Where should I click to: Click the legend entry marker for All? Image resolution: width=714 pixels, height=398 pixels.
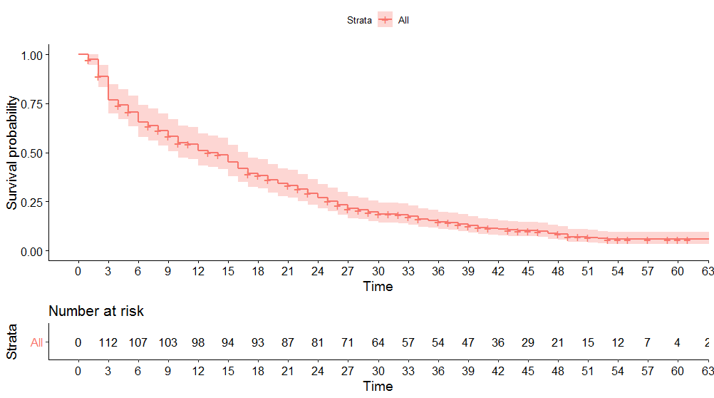pyautogui.click(x=386, y=21)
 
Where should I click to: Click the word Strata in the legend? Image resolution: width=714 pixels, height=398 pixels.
pyautogui.click(x=359, y=21)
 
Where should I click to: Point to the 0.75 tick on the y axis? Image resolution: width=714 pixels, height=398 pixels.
pyautogui.click(x=35, y=104)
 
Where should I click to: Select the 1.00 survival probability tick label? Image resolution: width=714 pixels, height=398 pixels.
pyautogui.click(x=35, y=55)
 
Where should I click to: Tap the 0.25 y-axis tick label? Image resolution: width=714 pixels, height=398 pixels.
pyautogui.click(x=35, y=203)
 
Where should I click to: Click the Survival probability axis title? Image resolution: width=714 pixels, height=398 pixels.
pyautogui.click(x=12, y=153)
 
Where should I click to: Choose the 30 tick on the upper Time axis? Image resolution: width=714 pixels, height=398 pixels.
pyautogui.click(x=378, y=272)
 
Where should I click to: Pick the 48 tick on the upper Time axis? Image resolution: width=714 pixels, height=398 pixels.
pyautogui.click(x=557, y=272)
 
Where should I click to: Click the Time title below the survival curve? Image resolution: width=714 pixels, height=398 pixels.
pyautogui.click(x=378, y=287)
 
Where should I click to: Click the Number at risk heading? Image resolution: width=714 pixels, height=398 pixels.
pyautogui.click(x=96, y=311)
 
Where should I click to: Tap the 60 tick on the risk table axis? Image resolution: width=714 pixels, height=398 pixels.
pyautogui.click(x=677, y=371)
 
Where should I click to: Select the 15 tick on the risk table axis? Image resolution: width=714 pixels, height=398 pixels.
pyautogui.click(x=228, y=371)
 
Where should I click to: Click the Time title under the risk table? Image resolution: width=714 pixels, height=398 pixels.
pyautogui.click(x=378, y=387)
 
